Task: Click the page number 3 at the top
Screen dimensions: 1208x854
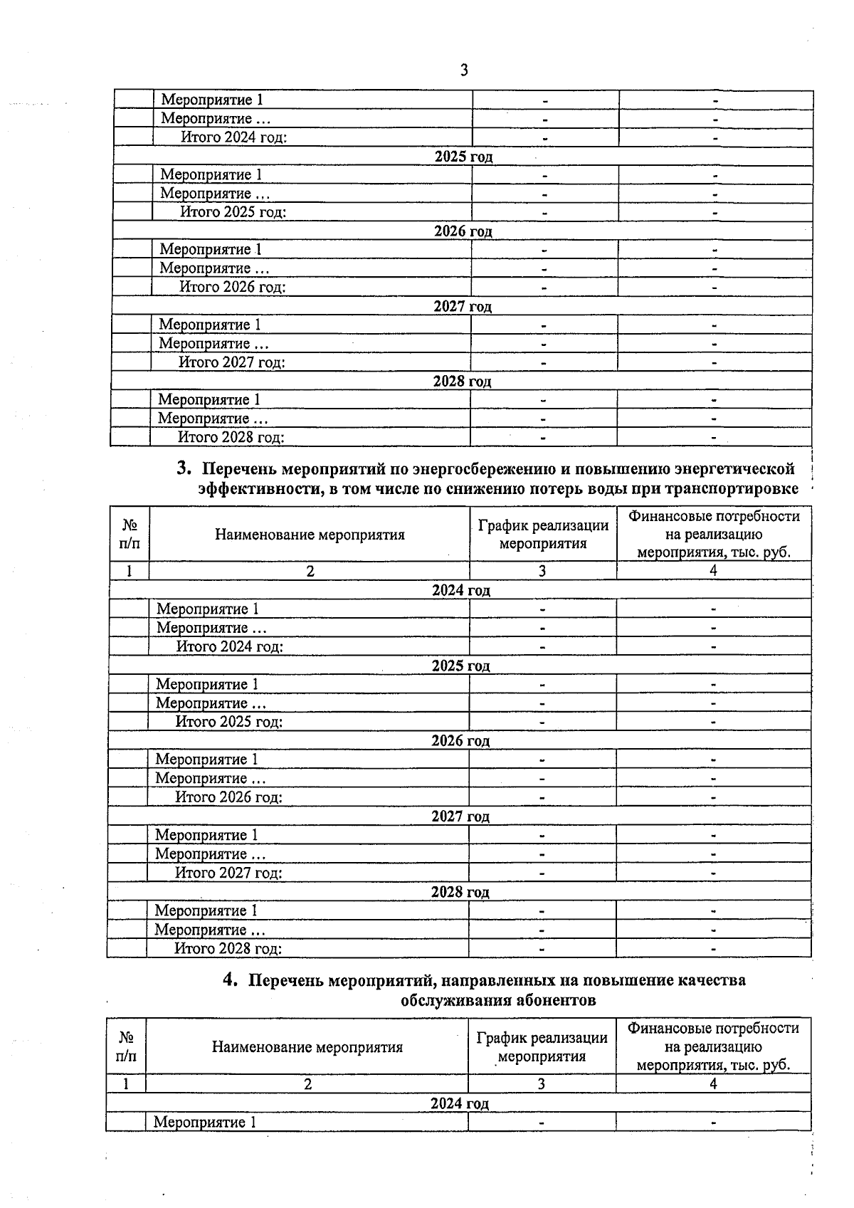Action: [464, 70]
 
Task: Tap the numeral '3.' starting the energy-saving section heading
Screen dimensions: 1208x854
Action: [184, 469]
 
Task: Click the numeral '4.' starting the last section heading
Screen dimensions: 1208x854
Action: [229, 980]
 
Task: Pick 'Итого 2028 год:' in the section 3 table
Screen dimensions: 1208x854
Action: [228, 948]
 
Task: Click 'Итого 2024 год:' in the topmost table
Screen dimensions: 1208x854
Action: [233, 137]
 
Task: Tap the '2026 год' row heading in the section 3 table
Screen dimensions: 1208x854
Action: [460, 740]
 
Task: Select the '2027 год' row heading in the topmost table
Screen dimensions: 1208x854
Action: [463, 306]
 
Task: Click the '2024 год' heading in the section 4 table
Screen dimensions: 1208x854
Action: [460, 1103]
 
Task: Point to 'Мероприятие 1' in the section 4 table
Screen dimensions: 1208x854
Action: [205, 1123]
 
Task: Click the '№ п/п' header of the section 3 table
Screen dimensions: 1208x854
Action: [130, 534]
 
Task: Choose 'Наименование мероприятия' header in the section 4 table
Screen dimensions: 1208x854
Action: [307, 1047]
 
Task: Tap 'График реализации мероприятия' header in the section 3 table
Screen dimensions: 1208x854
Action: [543, 534]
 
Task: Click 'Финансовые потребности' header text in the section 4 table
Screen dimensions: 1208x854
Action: [713, 1029]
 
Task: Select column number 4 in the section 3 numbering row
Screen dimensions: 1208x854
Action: [713, 570]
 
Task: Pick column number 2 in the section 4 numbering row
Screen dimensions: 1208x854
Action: [307, 1084]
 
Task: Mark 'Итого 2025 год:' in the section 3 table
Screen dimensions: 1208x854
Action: [229, 722]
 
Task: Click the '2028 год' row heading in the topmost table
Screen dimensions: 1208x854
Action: [462, 381]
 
